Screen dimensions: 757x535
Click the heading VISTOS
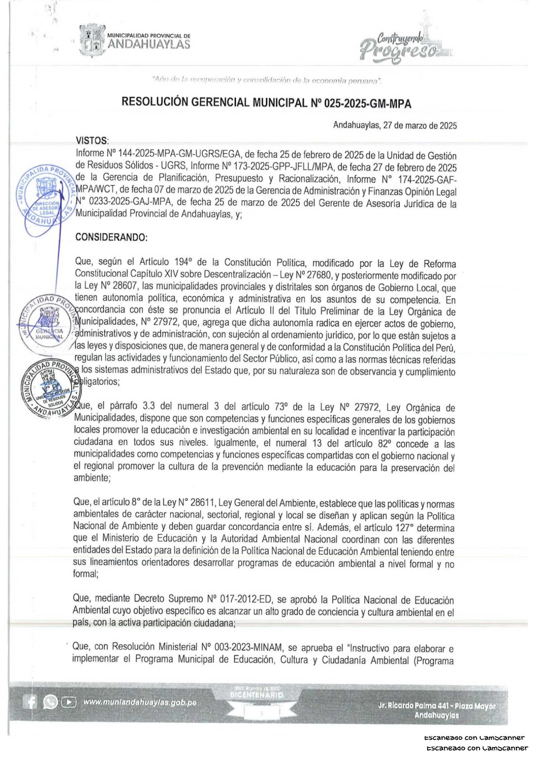pos(92,141)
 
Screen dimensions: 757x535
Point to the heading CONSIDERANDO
pos(112,237)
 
